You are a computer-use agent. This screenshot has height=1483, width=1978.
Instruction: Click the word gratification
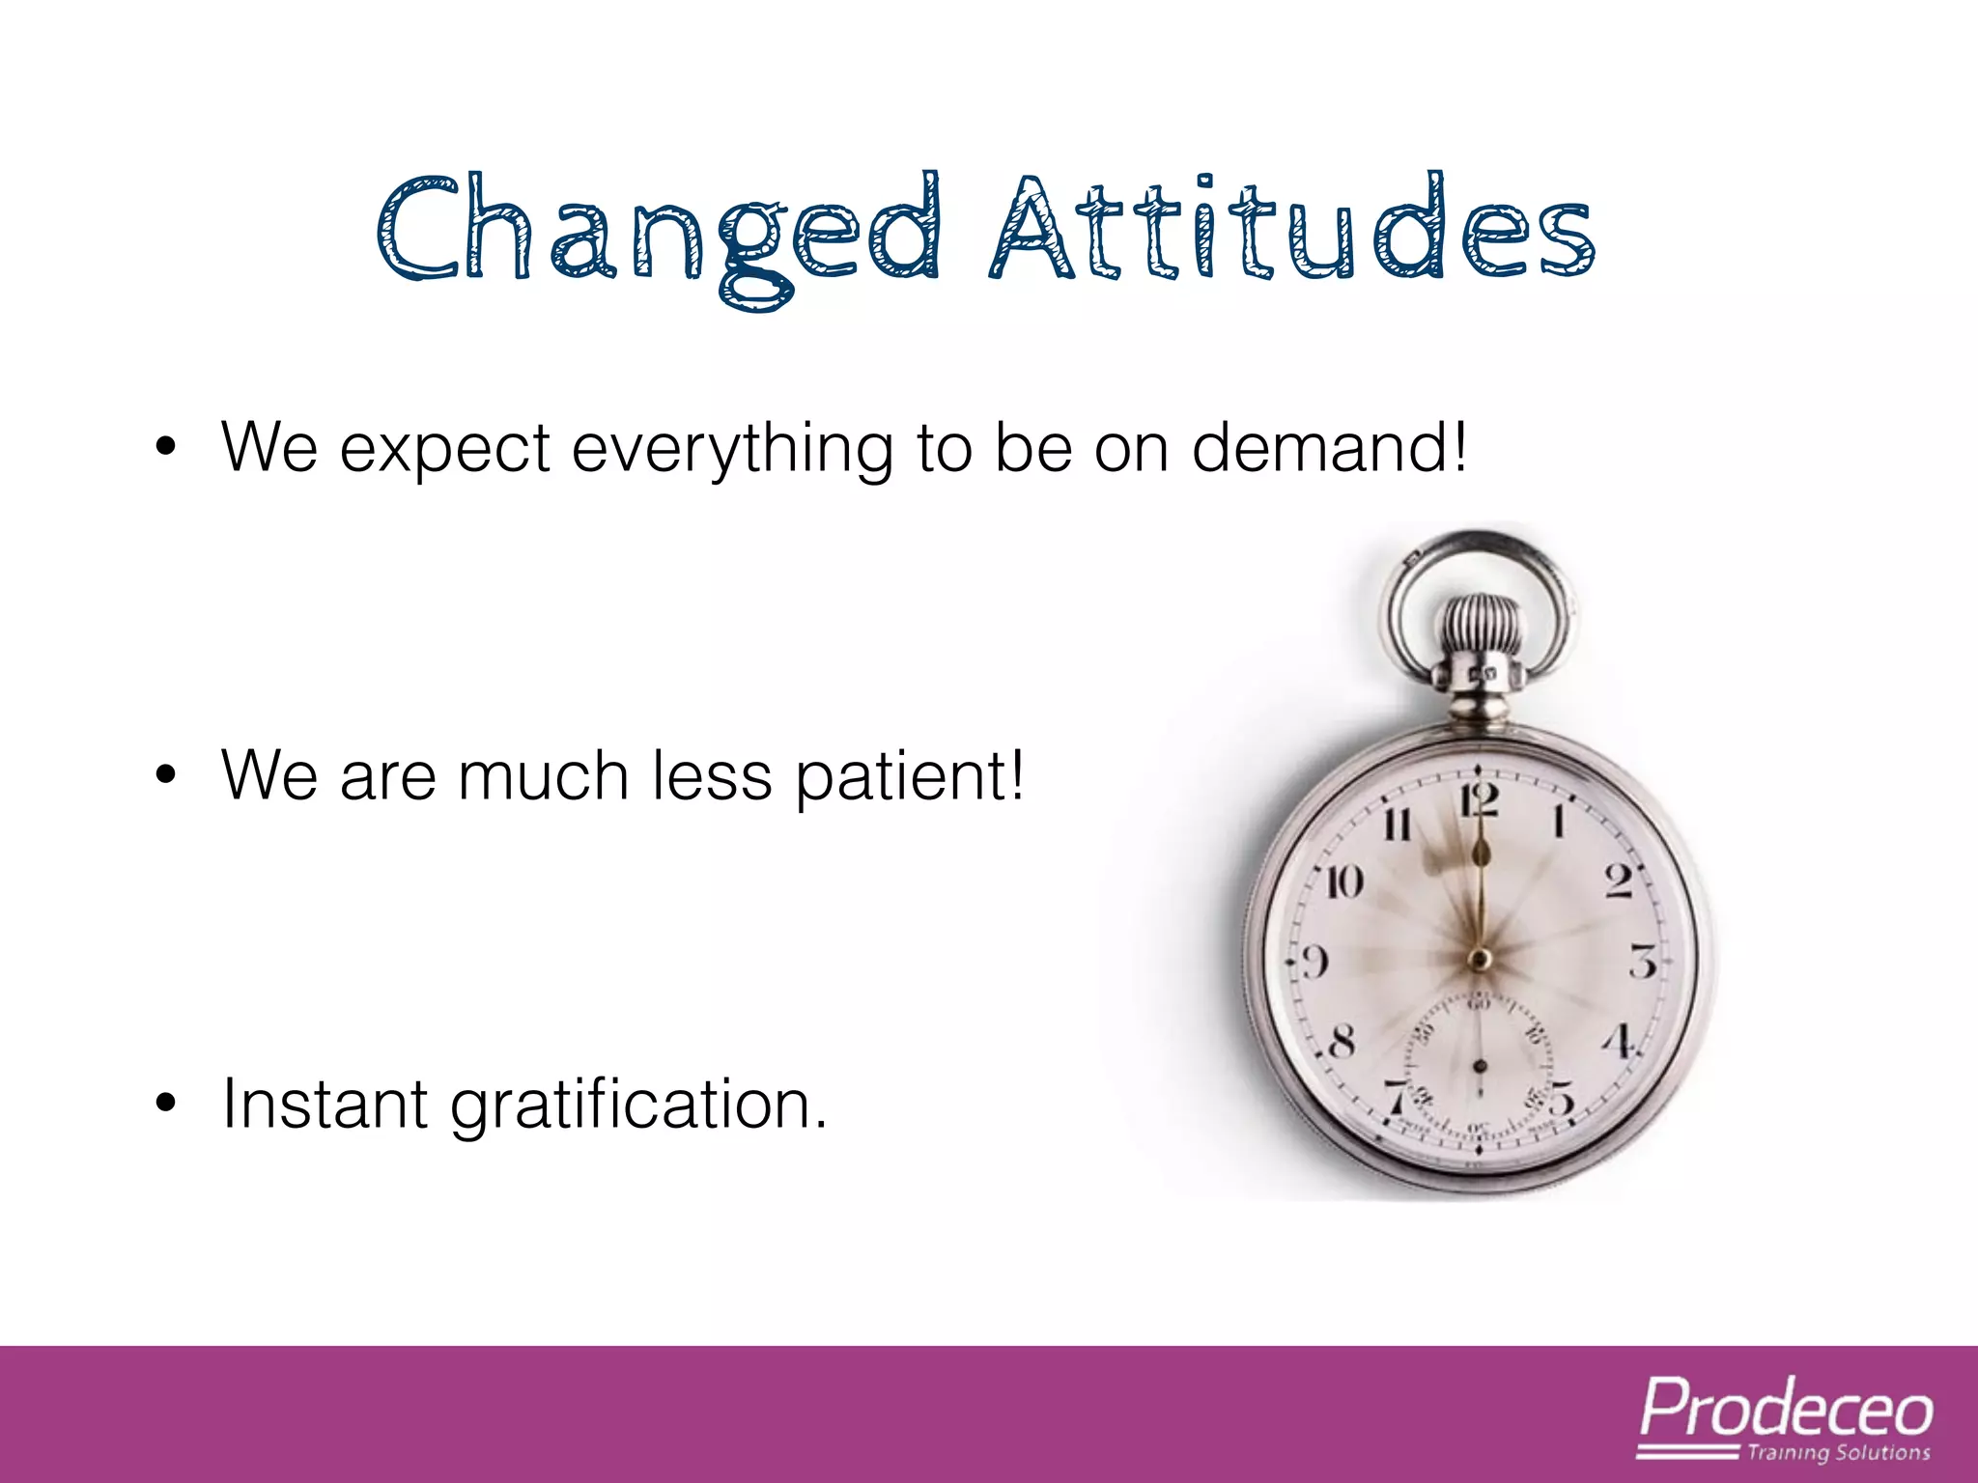(638, 1106)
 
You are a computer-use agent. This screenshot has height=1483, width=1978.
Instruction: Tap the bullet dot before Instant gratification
(166, 1103)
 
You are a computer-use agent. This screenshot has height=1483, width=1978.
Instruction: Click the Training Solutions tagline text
(1838, 1452)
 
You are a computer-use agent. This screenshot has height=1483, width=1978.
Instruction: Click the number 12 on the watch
(1479, 802)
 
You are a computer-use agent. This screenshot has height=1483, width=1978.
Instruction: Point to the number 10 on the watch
(1343, 881)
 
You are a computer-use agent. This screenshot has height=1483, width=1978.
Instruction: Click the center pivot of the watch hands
(1479, 959)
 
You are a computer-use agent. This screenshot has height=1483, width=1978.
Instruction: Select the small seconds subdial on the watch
(1479, 1067)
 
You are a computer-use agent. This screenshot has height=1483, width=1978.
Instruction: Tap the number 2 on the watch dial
(1619, 881)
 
